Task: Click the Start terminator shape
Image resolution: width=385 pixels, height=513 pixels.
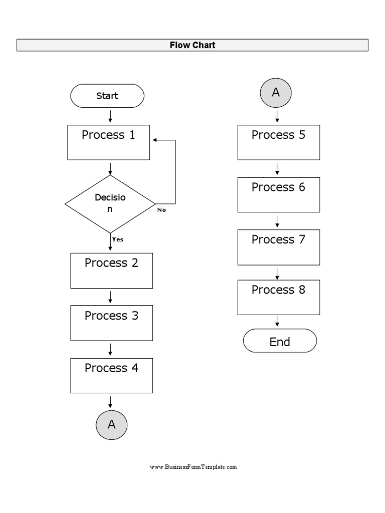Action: pyautogui.click(x=107, y=96)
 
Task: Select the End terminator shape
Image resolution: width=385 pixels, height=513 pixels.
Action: pyautogui.click(x=280, y=342)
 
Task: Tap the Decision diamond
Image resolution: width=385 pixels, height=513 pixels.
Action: pyautogui.click(x=110, y=204)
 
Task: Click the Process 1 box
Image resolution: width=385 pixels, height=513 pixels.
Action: pyautogui.click(x=109, y=142)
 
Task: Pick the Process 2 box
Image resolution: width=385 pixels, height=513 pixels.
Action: pyautogui.click(x=111, y=271)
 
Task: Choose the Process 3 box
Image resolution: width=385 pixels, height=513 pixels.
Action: pyautogui.click(x=111, y=323)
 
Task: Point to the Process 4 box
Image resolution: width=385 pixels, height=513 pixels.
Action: pyautogui.click(x=111, y=375)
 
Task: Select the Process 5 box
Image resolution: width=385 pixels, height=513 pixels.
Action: pyautogui.click(x=278, y=142)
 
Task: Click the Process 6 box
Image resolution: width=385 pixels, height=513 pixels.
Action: pyautogui.click(x=278, y=194)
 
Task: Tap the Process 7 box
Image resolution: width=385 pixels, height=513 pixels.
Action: pyautogui.click(x=278, y=247)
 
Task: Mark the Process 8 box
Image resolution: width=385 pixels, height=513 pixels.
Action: pyautogui.click(x=278, y=297)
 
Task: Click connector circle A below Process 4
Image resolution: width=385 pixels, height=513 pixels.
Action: pyautogui.click(x=111, y=424)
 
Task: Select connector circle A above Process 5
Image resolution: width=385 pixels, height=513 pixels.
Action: pyautogui.click(x=275, y=93)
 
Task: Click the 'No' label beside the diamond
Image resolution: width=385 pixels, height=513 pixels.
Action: pyautogui.click(x=161, y=210)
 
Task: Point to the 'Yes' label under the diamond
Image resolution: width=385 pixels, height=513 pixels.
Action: pyautogui.click(x=118, y=239)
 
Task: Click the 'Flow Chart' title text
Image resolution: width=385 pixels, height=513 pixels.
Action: pyautogui.click(x=192, y=45)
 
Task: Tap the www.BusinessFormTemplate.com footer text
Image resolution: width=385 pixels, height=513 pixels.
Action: pyautogui.click(x=193, y=467)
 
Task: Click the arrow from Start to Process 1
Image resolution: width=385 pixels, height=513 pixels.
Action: pyautogui.click(x=110, y=116)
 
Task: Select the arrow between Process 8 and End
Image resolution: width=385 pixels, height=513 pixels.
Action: pyautogui.click(x=277, y=322)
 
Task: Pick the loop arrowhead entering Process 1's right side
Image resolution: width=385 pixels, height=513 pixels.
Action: pyautogui.click(x=155, y=140)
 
